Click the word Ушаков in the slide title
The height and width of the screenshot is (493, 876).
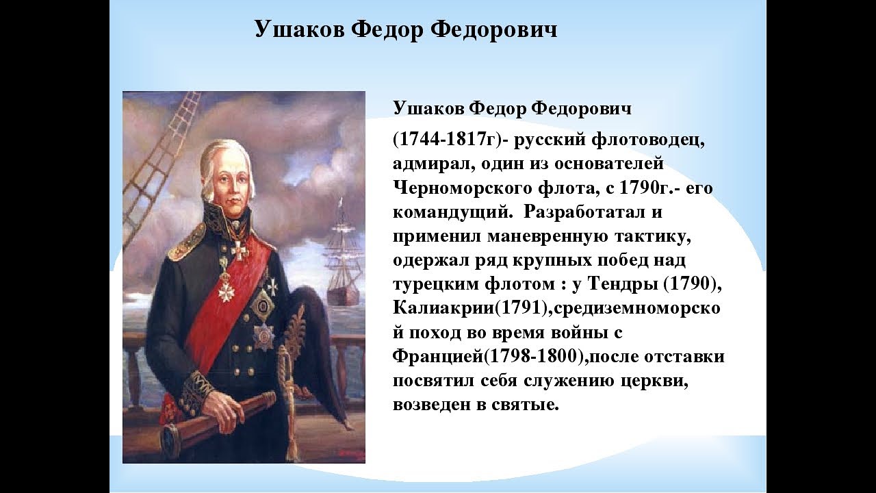click(300, 29)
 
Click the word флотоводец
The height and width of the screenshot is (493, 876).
click(648, 140)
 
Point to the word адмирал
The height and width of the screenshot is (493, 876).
click(431, 164)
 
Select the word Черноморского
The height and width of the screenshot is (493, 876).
click(462, 188)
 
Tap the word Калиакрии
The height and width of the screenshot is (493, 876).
click(443, 308)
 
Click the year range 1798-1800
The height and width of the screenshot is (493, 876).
click(533, 357)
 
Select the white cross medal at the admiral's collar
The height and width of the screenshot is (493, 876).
click(239, 251)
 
